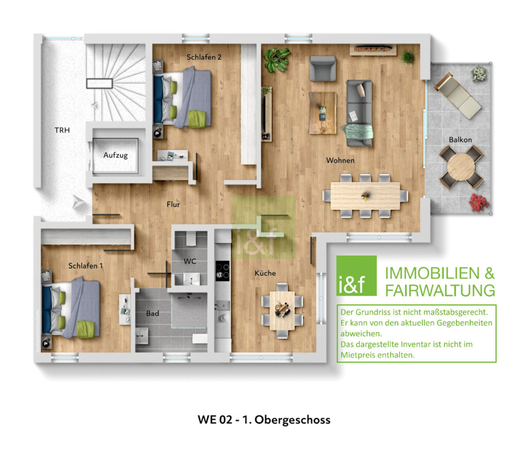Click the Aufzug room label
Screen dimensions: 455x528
point(115,155)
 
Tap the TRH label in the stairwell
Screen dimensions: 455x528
point(62,131)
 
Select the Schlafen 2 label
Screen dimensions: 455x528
point(204,57)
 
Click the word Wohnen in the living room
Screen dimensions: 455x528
point(340,160)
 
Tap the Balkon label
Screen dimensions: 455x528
point(460,139)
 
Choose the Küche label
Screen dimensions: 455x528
point(265,273)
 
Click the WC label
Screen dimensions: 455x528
point(190,262)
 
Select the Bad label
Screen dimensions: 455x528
point(152,313)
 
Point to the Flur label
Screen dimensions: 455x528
point(173,204)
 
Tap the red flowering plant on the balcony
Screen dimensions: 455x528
point(478,203)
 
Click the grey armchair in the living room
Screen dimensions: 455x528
point(323,68)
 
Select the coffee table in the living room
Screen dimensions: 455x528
point(323,112)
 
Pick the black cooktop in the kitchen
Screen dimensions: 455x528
point(222,270)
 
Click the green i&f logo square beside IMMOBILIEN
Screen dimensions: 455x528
point(356,276)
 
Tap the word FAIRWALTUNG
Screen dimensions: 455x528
point(440,290)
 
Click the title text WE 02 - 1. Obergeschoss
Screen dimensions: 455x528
point(263,419)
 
